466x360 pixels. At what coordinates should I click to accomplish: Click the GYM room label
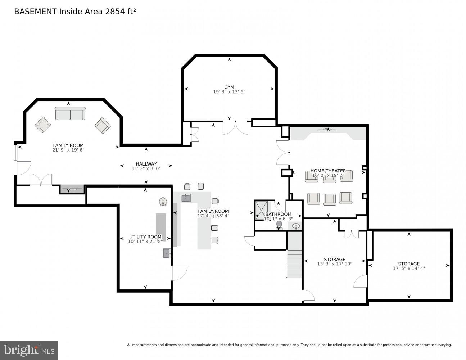pyautogui.click(x=229, y=87)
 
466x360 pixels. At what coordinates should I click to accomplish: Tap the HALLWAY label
pyautogui.click(x=146, y=164)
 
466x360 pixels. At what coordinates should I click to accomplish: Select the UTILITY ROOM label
pyautogui.click(x=145, y=237)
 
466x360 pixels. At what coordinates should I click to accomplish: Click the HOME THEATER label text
pyautogui.click(x=328, y=171)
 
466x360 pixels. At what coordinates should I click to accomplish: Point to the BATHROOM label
pyautogui.click(x=278, y=214)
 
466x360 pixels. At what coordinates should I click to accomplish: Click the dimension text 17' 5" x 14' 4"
pyautogui.click(x=409, y=268)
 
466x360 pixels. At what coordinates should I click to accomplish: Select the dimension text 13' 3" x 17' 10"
pyautogui.click(x=335, y=264)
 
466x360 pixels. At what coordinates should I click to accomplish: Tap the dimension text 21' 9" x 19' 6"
pyautogui.click(x=68, y=150)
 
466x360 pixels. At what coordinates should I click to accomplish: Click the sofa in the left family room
pyautogui.click(x=70, y=113)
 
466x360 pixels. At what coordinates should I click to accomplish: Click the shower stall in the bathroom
pyautogui.click(x=261, y=210)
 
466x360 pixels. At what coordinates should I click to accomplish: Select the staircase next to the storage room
pyautogui.click(x=294, y=263)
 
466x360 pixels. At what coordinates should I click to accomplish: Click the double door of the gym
pyautogui.click(x=235, y=128)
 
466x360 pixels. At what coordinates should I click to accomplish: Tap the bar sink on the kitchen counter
pyautogui.click(x=186, y=198)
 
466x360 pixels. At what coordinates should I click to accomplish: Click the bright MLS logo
pyautogui.click(x=29, y=350)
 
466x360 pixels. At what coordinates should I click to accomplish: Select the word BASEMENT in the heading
pyautogui.click(x=35, y=12)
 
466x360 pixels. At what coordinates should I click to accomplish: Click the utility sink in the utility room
pyautogui.click(x=167, y=253)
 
